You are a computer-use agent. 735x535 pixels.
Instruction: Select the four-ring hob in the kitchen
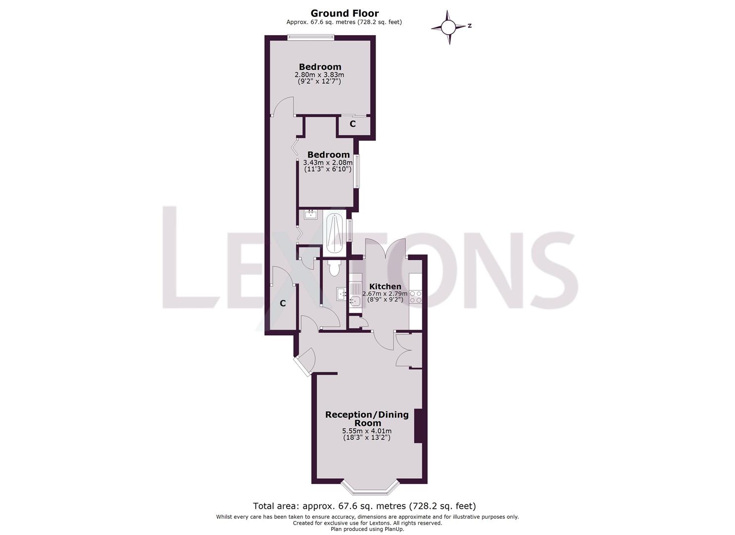pyautogui.click(x=415, y=297)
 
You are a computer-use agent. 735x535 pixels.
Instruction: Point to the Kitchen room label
pyautogui.click(x=385, y=286)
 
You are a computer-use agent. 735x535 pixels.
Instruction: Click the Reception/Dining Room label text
pyautogui.click(x=367, y=419)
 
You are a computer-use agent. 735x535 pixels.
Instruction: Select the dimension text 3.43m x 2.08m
pyautogui.click(x=328, y=162)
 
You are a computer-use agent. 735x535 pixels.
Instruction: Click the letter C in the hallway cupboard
pyautogui.click(x=283, y=304)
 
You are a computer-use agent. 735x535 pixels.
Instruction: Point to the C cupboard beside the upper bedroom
pyautogui.click(x=353, y=124)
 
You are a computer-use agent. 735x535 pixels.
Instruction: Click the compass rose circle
pyautogui.click(x=448, y=27)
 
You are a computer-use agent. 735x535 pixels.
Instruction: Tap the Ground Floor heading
pyautogui.click(x=344, y=13)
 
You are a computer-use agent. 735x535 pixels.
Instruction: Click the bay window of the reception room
pyautogui.click(x=370, y=492)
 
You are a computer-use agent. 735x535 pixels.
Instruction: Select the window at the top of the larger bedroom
pyautogui.click(x=311, y=38)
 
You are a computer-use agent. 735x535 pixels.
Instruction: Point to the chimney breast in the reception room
pyautogui.click(x=418, y=426)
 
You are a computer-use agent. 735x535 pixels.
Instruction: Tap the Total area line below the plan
pyautogui.click(x=364, y=515)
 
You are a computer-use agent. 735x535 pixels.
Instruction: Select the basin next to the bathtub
pyautogui.click(x=310, y=214)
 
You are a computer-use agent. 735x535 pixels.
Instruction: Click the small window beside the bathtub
pyautogui.click(x=350, y=230)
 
